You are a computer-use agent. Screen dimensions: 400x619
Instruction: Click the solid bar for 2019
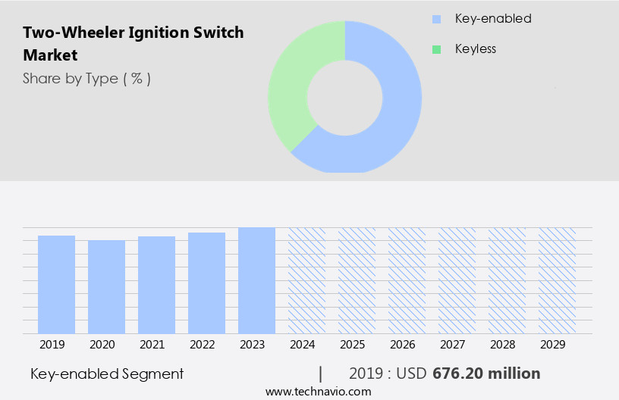56,284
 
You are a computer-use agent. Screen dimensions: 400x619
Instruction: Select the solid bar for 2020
106,286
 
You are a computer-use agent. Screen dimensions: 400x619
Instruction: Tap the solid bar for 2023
256,280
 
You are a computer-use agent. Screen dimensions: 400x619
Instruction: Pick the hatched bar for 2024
306,280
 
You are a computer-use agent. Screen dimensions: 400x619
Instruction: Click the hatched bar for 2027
457,280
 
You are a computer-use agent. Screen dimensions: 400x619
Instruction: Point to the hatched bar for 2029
557,280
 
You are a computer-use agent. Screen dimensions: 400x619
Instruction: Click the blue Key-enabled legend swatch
436,19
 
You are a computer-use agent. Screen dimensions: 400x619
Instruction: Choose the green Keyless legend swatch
436,49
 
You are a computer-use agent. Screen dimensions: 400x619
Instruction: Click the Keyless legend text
475,49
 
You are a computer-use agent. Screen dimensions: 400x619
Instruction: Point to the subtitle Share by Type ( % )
86,79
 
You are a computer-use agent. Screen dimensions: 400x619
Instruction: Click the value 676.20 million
486,373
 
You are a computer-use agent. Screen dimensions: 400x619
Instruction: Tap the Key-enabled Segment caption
107,373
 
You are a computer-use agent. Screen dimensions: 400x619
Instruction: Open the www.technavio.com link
318,391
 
